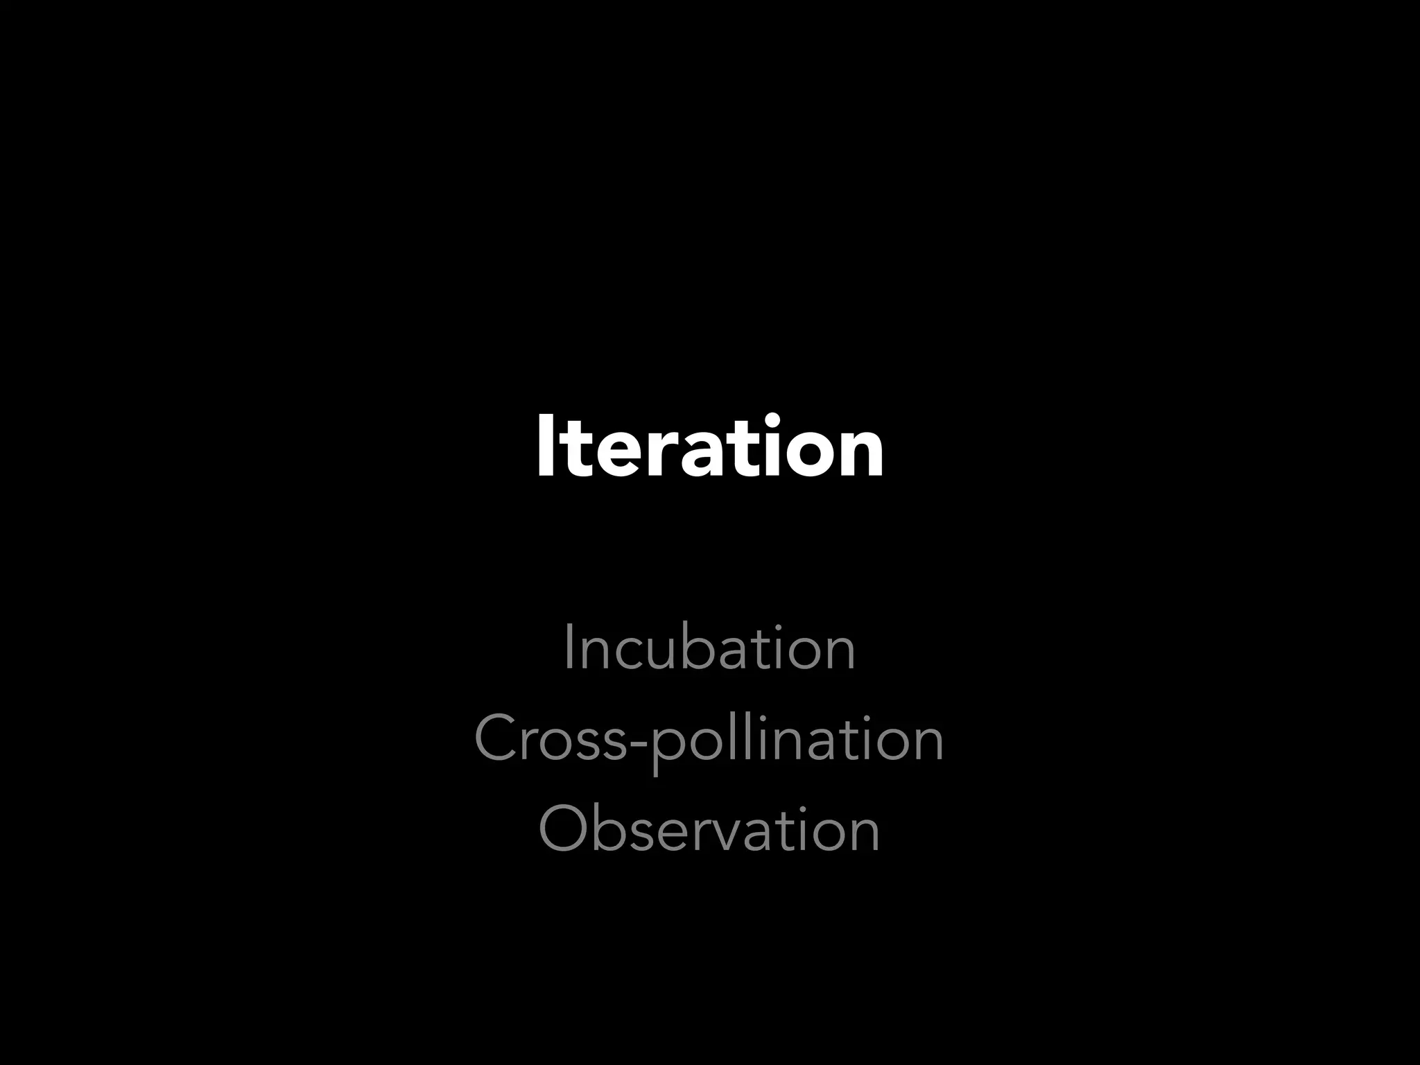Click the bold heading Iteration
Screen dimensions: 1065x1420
click(x=710, y=447)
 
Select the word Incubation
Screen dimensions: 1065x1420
click(x=709, y=648)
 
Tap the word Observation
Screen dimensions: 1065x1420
click(x=709, y=829)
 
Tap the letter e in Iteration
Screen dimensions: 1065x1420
click(x=608, y=454)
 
